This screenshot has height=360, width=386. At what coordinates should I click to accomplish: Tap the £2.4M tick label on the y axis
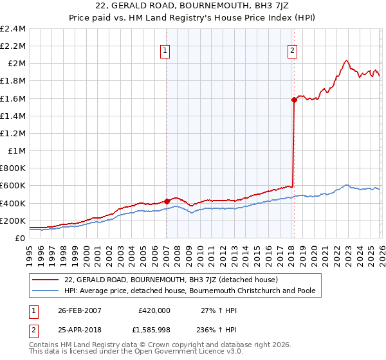[13, 29]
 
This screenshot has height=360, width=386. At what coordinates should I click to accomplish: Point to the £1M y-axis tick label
[17, 151]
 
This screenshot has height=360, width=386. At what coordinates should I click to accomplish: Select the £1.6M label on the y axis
[13, 98]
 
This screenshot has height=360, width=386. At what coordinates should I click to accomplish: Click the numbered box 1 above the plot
[165, 51]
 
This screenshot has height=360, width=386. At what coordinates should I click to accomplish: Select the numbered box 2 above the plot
[293, 51]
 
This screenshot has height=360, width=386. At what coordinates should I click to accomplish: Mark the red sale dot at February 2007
[167, 201]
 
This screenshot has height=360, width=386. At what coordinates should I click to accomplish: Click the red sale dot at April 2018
[294, 100]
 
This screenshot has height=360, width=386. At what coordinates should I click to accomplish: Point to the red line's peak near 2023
[346, 60]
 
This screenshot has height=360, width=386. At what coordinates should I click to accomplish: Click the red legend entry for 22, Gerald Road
[170, 280]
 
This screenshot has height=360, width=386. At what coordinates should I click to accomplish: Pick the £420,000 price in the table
[154, 310]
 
